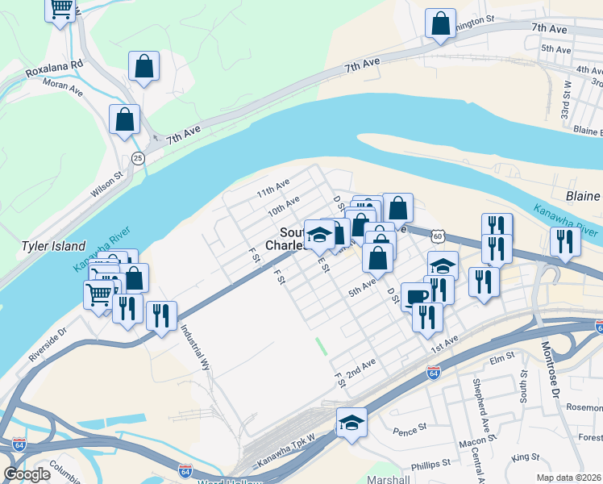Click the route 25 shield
click(x=139, y=158)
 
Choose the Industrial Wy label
click(x=195, y=347)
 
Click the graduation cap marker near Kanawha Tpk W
click(x=351, y=422)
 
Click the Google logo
click(x=27, y=474)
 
